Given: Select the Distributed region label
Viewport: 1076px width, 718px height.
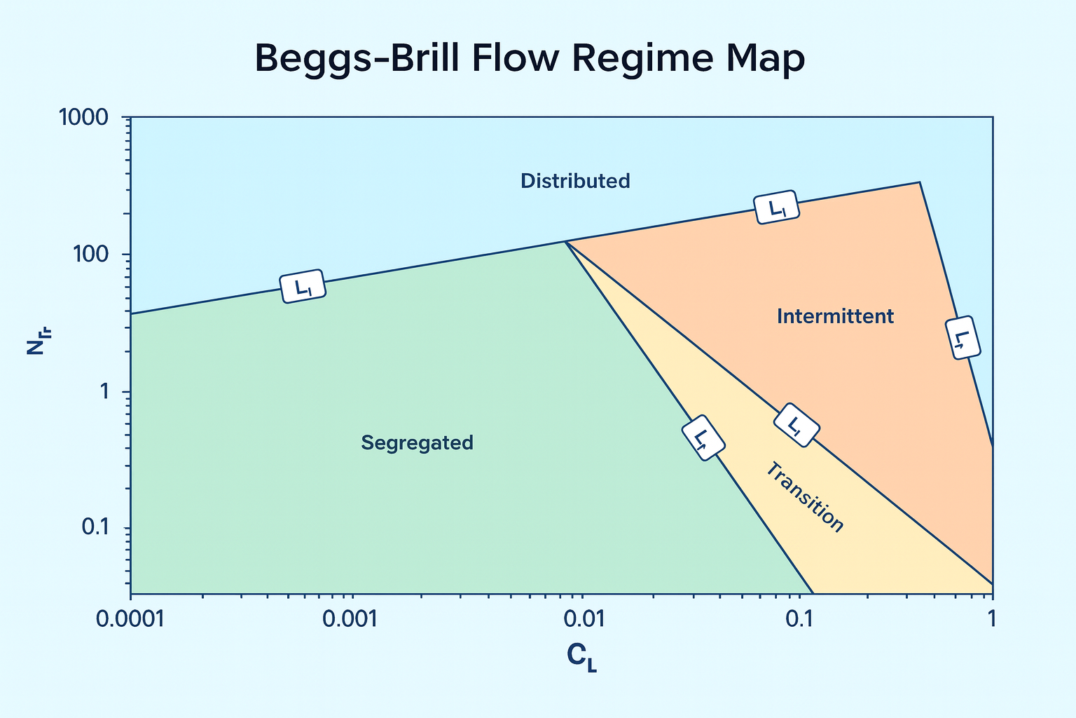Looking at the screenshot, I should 575,181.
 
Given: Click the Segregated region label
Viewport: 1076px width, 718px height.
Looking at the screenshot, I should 417,443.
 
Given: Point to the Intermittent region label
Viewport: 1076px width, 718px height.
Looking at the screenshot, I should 835,317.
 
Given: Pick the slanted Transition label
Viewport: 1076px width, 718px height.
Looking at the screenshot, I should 803,497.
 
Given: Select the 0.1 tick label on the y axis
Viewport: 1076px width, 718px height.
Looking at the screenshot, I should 97,527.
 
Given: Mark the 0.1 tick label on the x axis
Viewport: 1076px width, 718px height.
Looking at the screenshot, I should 798,618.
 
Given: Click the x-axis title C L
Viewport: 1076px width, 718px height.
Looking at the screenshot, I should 581,657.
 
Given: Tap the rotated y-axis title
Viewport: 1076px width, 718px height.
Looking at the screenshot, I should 36,338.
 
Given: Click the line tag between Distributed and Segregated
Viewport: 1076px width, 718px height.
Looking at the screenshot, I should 303,286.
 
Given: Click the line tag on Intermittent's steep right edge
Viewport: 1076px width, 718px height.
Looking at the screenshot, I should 963,338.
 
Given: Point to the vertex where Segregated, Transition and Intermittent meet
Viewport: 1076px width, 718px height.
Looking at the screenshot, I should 565,242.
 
